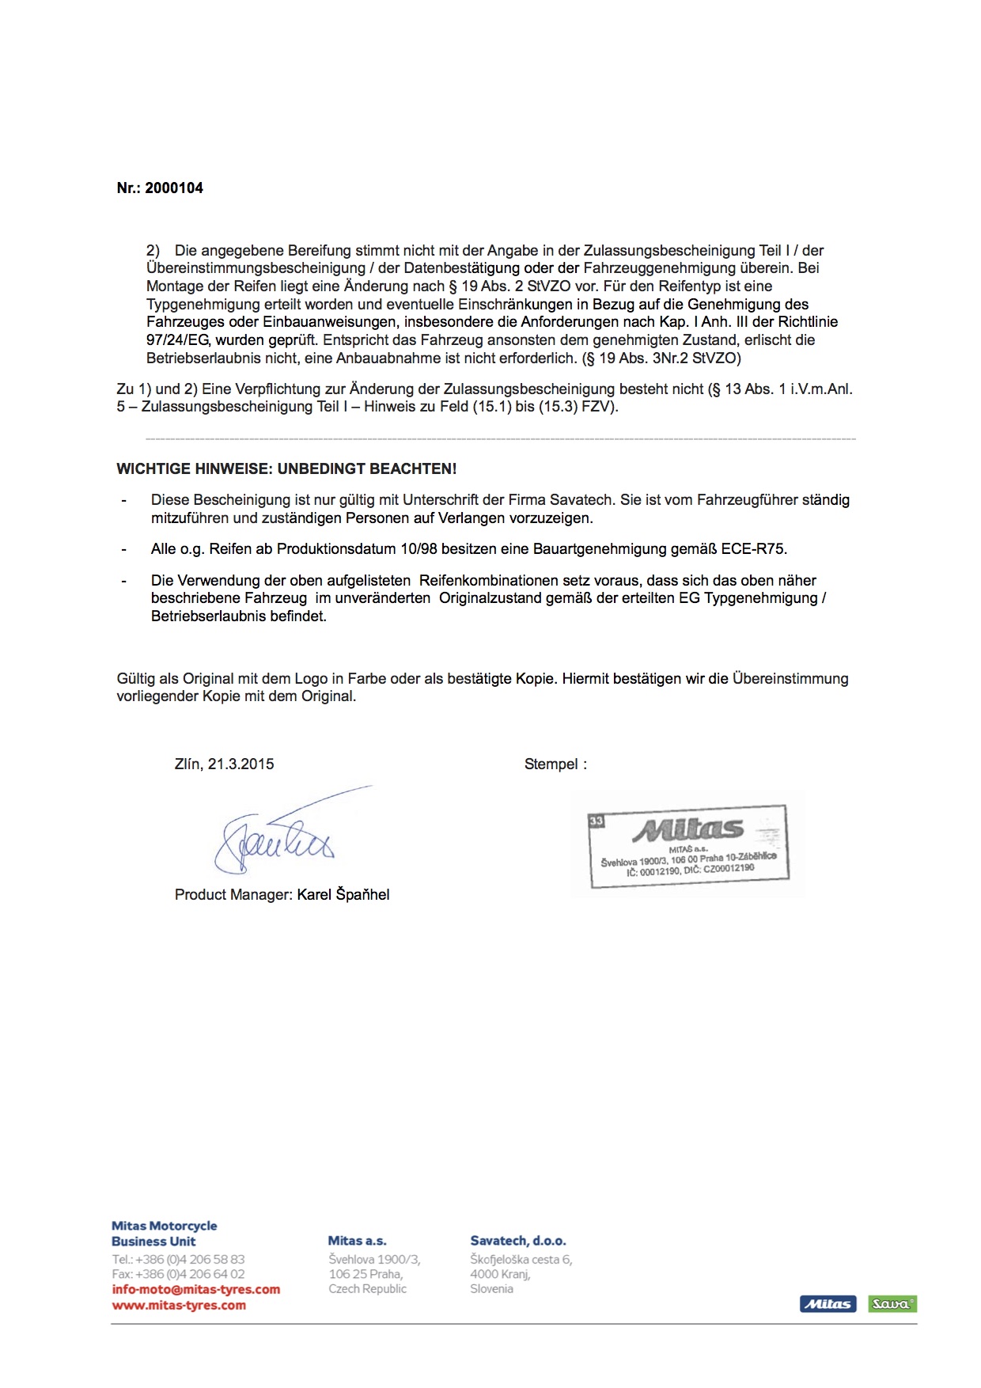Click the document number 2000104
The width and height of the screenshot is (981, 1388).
174,188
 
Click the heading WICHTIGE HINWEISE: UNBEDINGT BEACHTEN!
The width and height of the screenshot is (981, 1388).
286,469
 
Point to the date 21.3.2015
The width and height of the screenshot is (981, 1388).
241,764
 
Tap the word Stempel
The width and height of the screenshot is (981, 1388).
551,764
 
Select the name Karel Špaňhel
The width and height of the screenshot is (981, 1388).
343,895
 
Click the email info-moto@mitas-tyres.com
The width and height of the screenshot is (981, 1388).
196,1289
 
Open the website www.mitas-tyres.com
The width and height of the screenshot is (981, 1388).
179,1305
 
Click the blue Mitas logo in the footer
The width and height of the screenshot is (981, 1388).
828,1303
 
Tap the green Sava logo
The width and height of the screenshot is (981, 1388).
892,1303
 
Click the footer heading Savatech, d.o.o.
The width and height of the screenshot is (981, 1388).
518,1241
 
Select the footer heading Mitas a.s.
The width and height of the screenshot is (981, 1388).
357,1241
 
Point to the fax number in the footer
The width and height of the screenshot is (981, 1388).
179,1274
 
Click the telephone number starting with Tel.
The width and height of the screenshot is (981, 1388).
179,1259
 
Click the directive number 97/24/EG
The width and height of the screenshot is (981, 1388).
178,340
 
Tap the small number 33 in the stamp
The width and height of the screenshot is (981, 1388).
596,821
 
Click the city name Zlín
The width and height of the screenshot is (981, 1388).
187,764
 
